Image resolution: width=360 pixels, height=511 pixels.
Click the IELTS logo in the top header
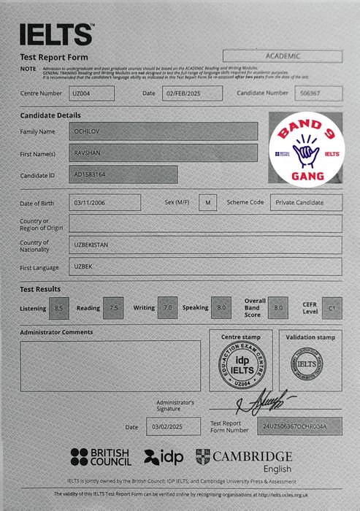(56, 33)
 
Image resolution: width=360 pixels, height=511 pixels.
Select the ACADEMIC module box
(282, 55)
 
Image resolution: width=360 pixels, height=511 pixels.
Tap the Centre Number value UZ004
(93, 93)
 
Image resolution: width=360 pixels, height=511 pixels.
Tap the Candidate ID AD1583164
(123, 175)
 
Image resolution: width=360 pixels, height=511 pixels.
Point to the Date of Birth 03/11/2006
(104, 202)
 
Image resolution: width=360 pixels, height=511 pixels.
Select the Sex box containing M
(208, 202)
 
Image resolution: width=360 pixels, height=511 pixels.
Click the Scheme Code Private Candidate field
(305, 202)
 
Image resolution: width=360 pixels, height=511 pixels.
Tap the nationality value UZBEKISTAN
(205, 245)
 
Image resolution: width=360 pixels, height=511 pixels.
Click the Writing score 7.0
(169, 308)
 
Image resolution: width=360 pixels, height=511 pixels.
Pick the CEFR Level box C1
(332, 308)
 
